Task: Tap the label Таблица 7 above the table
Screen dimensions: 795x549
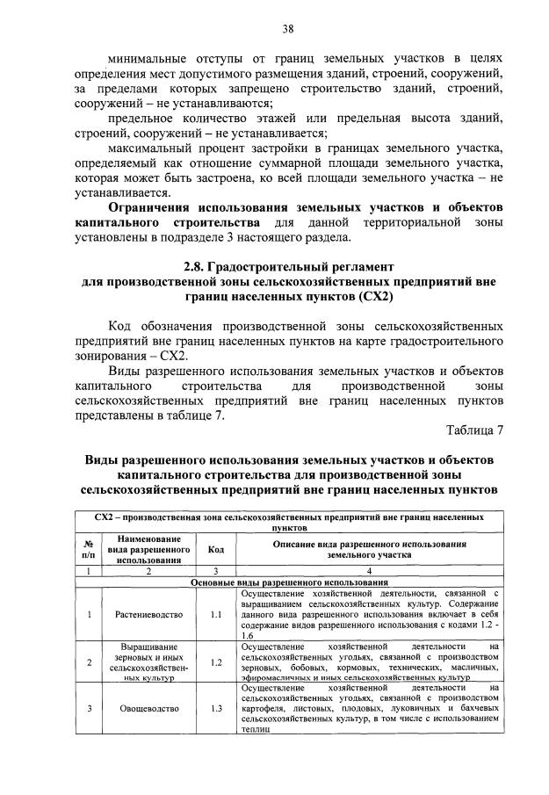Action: [x=474, y=430]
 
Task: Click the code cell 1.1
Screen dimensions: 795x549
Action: [x=216, y=614]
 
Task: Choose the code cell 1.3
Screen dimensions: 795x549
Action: [x=216, y=708]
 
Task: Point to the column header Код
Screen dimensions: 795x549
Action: [x=216, y=549]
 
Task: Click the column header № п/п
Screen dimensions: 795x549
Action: [x=89, y=549]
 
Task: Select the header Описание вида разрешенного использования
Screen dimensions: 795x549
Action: [x=368, y=549]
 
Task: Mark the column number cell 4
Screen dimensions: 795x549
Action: [x=368, y=571]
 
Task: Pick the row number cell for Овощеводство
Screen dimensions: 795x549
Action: [x=89, y=708]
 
